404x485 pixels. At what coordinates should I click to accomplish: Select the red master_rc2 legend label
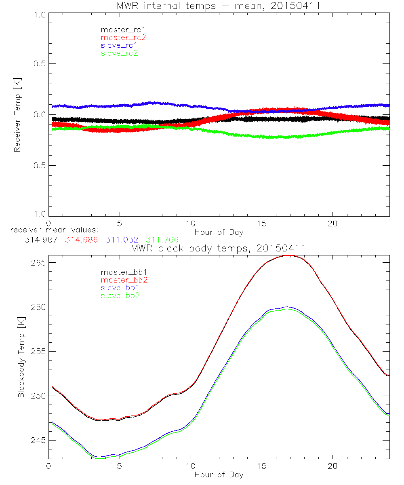(123, 38)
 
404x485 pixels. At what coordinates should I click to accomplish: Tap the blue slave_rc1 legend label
(119, 45)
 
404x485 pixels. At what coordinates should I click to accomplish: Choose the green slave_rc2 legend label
(119, 53)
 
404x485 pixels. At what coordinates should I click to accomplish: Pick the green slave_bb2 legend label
(119, 296)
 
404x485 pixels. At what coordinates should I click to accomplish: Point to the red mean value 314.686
(81, 240)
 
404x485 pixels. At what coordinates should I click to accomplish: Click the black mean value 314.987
(40, 240)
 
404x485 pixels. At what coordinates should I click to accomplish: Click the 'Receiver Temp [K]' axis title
(17, 115)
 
